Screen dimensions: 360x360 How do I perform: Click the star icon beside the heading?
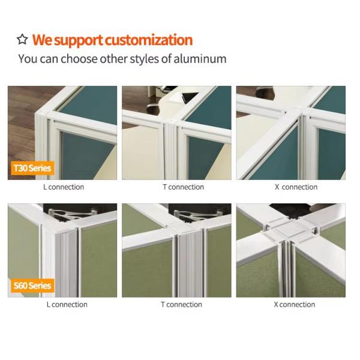(x=22, y=39)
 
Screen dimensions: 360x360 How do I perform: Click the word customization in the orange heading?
(x=149, y=40)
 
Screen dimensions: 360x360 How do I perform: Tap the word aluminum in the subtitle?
(x=200, y=59)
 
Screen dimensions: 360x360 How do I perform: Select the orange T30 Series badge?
(x=32, y=168)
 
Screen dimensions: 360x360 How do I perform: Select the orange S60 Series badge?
(x=32, y=286)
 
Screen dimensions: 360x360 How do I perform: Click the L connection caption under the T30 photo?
(x=64, y=187)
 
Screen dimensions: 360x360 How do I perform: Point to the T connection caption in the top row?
(x=183, y=187)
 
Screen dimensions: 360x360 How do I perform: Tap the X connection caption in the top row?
(x=296, y=187)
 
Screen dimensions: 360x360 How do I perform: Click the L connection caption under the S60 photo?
(x=67, y=305)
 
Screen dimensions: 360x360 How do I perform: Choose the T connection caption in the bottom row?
(x=181, y=305)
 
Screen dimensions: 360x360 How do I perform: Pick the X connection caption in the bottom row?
(x=295, y=305)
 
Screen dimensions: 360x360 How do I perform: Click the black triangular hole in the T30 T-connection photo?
(x=189, y=97)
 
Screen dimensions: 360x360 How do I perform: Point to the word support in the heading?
(x=79, y=41)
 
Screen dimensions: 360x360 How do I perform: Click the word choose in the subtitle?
(x=79, y=59)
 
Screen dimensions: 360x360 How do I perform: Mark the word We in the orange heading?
(x=42, y=40)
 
